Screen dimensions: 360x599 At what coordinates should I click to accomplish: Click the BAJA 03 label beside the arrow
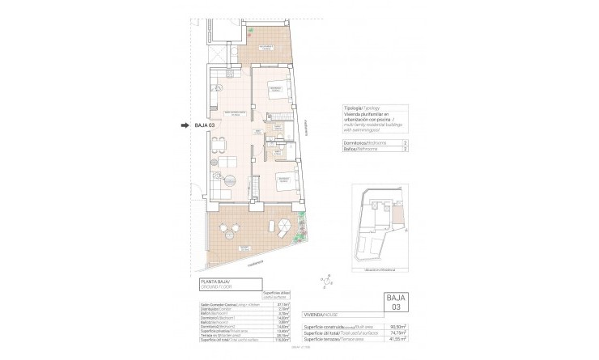pos(205,125)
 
